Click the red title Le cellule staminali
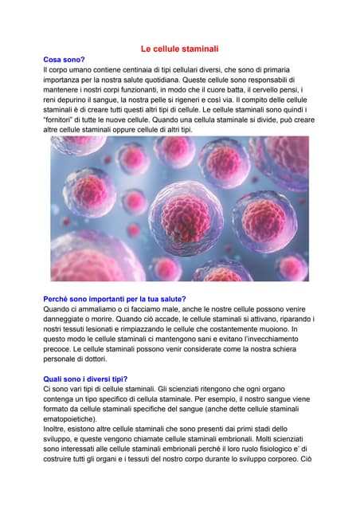click(179, 49)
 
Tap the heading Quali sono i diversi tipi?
click(85, 379)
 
